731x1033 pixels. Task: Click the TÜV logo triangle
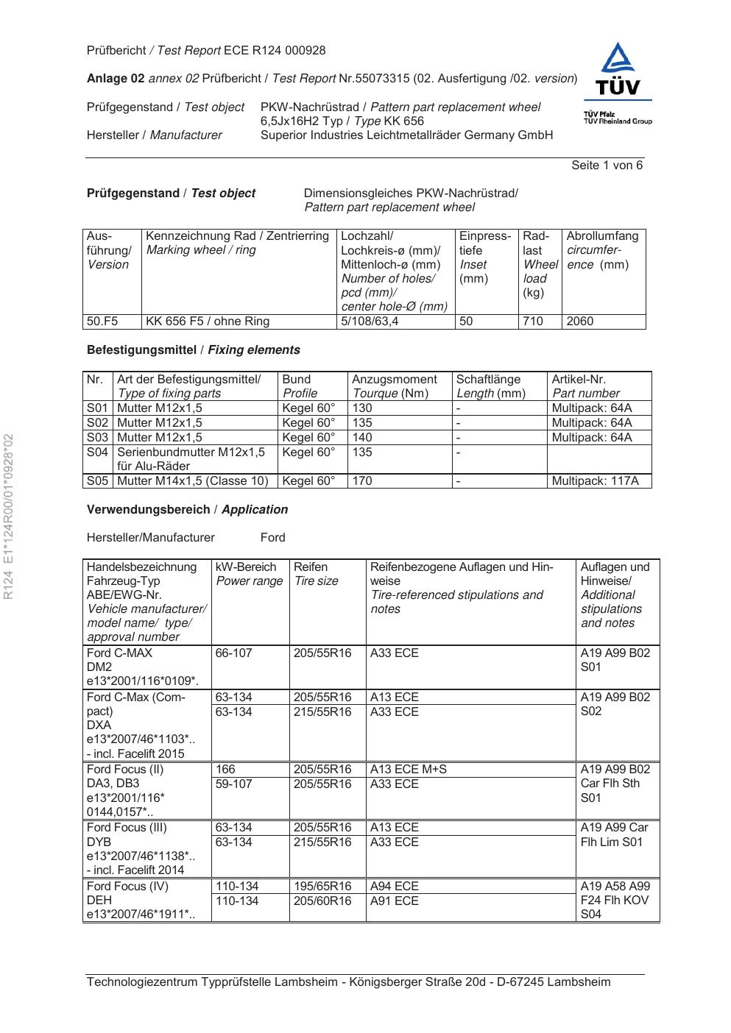618,60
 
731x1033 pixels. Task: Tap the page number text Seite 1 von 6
607,166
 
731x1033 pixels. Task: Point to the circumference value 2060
580,322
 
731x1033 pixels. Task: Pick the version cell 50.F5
102,322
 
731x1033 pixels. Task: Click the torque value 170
362,481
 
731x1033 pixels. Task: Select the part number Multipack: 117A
595,481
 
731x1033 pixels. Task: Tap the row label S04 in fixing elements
97,452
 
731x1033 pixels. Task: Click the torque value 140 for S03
362,437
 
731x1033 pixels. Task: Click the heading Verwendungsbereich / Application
187,509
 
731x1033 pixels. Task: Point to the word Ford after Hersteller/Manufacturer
272,538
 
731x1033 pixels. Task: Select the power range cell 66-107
233,653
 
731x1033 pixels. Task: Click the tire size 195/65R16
322,887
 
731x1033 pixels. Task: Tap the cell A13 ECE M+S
408,770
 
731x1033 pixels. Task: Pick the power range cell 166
225,770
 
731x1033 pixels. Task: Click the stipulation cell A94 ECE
394,887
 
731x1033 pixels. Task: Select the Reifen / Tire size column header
316,574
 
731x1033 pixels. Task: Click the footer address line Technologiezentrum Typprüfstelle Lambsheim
348,982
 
